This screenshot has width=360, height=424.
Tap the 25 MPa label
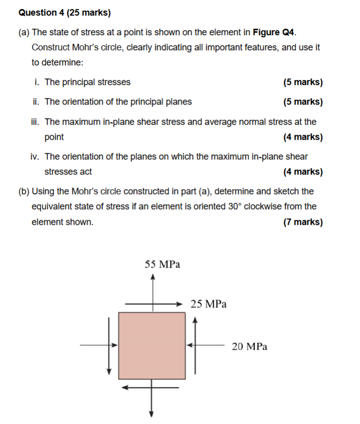click(x=209, y=304)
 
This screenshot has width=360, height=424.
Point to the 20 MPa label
click(x=249, y=346)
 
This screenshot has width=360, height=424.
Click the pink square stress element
click(x=152, y=345)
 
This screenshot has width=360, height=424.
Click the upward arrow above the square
click(x=152, y=289)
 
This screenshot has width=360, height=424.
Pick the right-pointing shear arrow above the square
click(x=153, y=304)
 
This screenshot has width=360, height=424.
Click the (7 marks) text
click(x=303, y=222)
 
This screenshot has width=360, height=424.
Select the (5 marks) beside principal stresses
click(x=303, y=82)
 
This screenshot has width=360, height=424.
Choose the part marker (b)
click(x=24, y=192)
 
